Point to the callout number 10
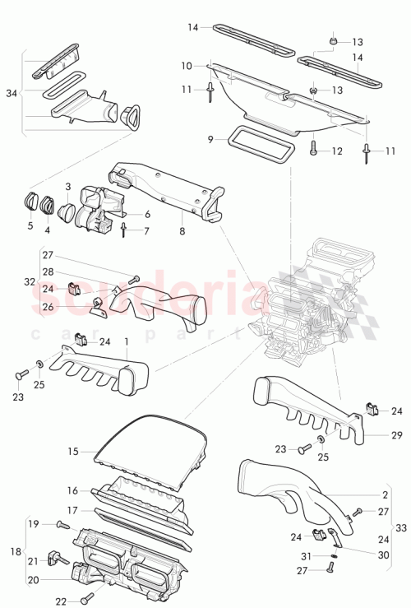click(187, 65)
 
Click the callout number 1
click(126, 341)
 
